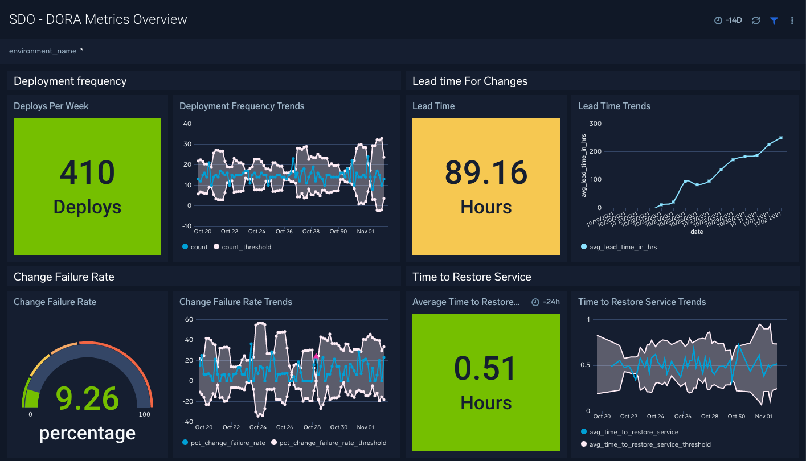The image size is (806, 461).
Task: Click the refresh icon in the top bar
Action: (756, 20)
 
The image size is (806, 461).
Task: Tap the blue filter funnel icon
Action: (774, 20)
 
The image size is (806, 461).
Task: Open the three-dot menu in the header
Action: (792, 20)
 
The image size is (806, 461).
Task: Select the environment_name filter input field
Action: (94, 52)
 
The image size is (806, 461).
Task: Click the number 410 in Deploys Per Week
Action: (87, 172)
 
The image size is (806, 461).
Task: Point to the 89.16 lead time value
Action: (486, 172)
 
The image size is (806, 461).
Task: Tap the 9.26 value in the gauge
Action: (87, 398)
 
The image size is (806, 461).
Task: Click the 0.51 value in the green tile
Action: (486, 368)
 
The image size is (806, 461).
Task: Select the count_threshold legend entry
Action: (246, 247)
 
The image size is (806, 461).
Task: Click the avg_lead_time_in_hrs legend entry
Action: (623, 247)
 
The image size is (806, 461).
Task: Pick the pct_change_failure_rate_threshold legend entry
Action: (333, 443)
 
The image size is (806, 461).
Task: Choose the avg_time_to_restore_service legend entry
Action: (633, 432)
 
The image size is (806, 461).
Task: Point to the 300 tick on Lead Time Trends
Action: (595, 124)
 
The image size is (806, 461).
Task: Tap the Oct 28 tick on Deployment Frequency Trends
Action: (311, 232)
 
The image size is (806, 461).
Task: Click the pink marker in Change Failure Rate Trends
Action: (316, 356)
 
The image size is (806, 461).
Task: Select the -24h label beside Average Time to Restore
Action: (551, 302)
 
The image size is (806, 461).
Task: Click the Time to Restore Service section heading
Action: (472, 277)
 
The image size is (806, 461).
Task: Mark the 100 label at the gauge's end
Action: (144, 414)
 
